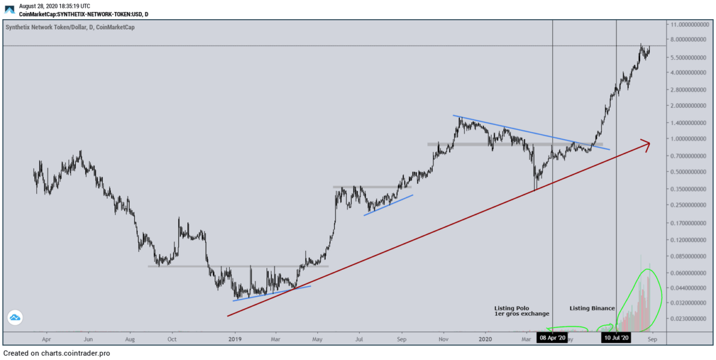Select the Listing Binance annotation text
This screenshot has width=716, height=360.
point(592,308)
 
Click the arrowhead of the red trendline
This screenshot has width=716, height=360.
point(646,143)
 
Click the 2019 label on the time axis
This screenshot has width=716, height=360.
point(235,339)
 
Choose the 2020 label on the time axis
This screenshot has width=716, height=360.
point(485,339)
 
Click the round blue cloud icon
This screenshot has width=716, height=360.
point(15,318)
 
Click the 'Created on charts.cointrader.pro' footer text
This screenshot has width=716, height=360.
point(57,353)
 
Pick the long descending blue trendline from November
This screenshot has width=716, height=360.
point(531,132)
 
